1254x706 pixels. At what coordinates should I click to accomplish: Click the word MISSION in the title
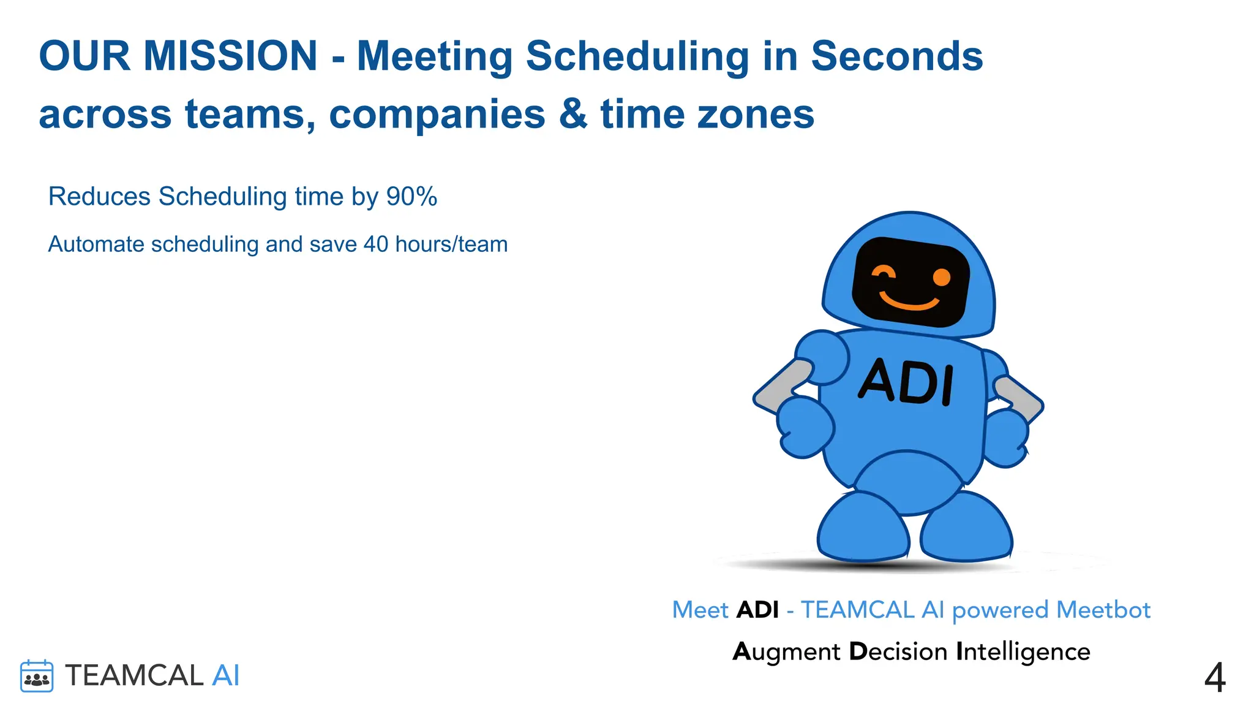[230, 56]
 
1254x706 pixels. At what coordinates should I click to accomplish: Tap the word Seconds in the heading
[896, 56]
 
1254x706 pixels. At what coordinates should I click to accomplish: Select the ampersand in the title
[573, 115]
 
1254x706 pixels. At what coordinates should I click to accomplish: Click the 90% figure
[411, 197]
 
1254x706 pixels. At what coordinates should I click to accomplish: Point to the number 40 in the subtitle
[376, 245]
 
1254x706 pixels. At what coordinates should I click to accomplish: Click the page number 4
[1215, 678]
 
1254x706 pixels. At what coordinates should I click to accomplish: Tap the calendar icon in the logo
[37, 677]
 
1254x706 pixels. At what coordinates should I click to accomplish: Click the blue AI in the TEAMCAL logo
[225, 676]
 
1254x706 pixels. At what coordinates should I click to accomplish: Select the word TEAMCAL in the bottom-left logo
[134, 676]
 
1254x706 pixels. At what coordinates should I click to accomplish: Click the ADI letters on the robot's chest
[907, 382]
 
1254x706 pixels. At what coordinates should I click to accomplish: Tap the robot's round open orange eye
[941, 278]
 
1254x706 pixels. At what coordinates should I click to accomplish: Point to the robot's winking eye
[883, 273]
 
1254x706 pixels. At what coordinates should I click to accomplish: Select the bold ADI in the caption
[757, 610]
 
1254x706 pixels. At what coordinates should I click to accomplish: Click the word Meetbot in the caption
[1103, 610]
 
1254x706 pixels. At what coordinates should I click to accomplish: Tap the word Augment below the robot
[786, 652]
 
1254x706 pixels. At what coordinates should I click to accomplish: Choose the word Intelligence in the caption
[1023, 652]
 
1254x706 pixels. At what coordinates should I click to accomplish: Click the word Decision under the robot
[898, 652]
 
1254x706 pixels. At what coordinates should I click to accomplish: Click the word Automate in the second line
[96, 245]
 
